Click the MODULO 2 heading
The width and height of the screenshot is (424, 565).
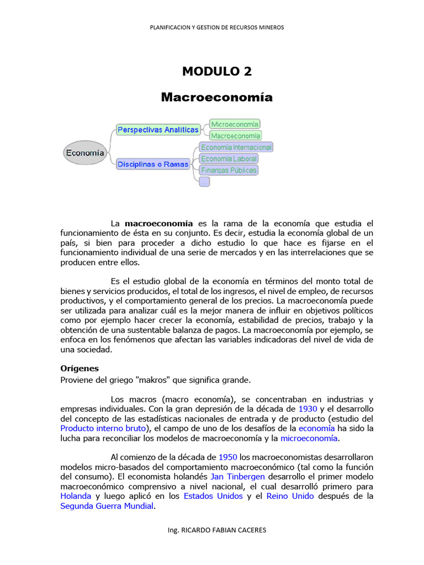tap(216, 71)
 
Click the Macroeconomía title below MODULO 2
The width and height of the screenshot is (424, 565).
tap(216, 97)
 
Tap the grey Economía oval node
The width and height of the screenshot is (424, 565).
tap(85, 153)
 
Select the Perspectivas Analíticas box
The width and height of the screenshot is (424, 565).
tap(158, 130)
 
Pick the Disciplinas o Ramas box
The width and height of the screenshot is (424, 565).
tap(153, 164)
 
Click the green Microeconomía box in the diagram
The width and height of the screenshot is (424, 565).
tap(235, 124)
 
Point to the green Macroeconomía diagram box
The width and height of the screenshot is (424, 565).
tap(236, 135)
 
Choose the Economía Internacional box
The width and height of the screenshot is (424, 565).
tap(236, 147)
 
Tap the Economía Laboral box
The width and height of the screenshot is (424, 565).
tap(229, 159)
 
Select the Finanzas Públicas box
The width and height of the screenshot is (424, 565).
tap(229, 170)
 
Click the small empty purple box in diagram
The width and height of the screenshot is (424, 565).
tap(204, 181)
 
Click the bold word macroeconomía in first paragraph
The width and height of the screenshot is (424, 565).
tap(158, 223)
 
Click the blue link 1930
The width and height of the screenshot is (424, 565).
tap(308, 409)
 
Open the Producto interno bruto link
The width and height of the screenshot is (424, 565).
tap(103, 428)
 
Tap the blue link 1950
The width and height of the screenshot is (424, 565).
tap(228, 457)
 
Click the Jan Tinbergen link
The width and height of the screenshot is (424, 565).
tap(237, 476)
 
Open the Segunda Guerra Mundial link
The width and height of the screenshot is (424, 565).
tap(107, 506)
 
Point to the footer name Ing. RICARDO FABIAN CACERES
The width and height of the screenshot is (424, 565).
tap(216, 530)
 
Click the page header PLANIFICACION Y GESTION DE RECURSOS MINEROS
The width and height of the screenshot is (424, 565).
tap(216, 27)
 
